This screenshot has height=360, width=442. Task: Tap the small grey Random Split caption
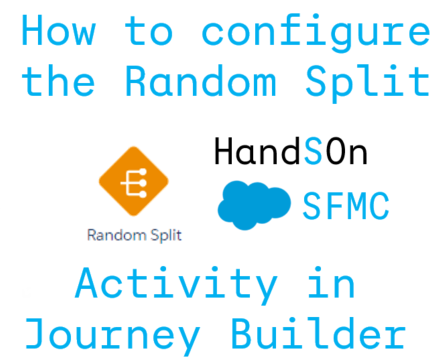[x=133, y=236]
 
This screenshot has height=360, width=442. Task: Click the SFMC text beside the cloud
[x=345, y=205]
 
